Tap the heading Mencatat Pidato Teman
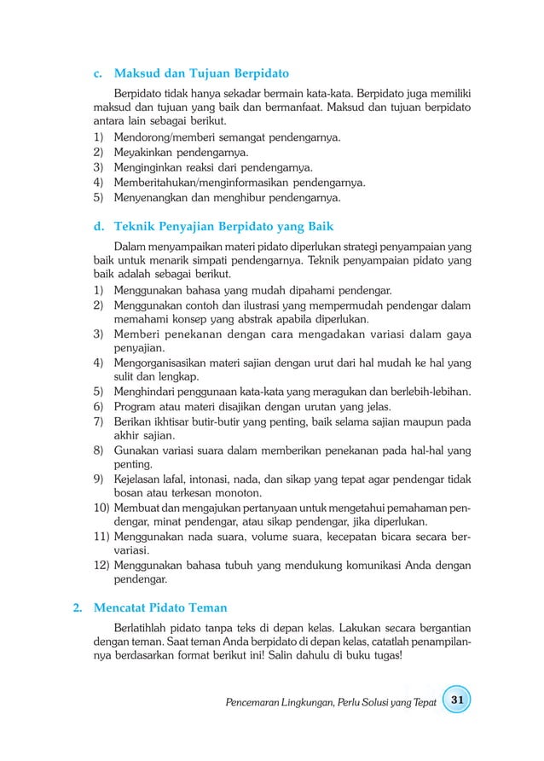click(159, 607)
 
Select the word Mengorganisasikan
click(163, 363)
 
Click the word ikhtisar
click(169, 421)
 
